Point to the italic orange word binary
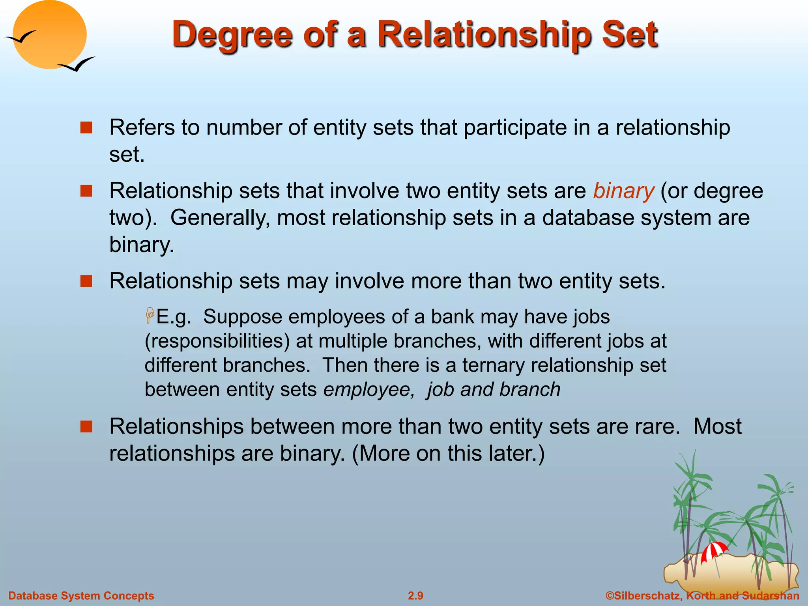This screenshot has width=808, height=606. [623, 191]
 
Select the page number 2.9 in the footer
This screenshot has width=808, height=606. [415, 596]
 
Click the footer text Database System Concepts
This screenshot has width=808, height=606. [81, 596]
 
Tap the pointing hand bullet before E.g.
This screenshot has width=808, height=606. [150, 316]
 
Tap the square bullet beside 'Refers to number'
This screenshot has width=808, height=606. [86, 127]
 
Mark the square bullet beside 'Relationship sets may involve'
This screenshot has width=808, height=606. [86, 281]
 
